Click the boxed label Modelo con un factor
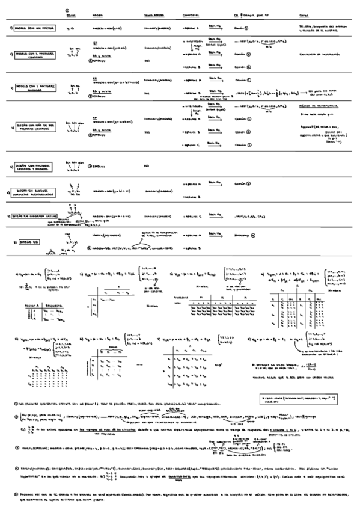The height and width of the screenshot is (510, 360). pyautogui.click(x=34, y=28)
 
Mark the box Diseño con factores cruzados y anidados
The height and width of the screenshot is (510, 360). pyautogui.click(x=35, y=165)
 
